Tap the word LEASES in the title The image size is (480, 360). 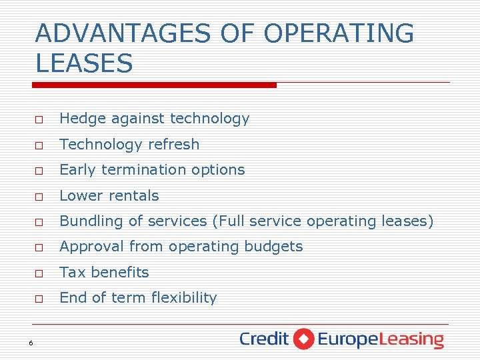84,64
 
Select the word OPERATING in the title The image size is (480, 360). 339,33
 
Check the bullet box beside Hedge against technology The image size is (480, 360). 40,120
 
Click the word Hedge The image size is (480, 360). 78,119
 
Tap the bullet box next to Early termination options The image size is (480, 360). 40,171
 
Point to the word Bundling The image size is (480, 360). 86,221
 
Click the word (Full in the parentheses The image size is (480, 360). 229,221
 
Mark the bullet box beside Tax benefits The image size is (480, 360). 40,273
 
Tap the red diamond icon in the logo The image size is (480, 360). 303,339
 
